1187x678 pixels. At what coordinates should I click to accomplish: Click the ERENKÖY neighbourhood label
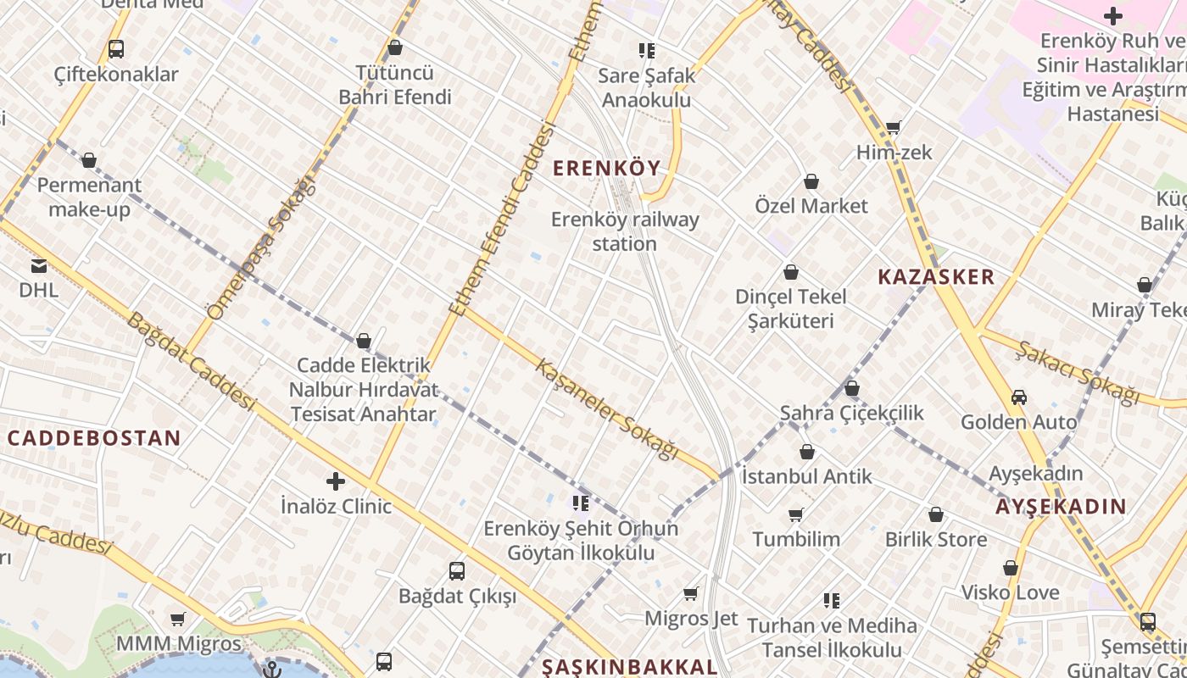pyautogui.click(x=606, y=168)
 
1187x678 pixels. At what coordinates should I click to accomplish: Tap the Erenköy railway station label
pyautogui.click(x=625, y=231)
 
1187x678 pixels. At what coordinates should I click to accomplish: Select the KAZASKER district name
pyautogui.click(x=936, y=277)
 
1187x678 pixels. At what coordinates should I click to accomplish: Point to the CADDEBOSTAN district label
pyautogui.click(x=94, y=438)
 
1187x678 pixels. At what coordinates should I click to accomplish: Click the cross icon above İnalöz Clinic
pyautogui.click(x=336, y=481)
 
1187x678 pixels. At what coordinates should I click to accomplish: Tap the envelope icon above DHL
pyautogui.click(x=39, y=265)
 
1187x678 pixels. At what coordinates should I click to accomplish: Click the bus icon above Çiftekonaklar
pyautogui.click(x=116, y=49)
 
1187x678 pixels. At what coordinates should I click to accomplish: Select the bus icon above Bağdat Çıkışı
pyautogui.click(x=457, y=571)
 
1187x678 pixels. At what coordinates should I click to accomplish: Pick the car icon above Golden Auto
pyautogui.click(x=1019, y=397)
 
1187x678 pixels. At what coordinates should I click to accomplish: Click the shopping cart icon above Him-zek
pyautogui.click(x=894, y=127)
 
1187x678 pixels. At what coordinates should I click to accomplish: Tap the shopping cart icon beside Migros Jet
pyautogui.click(x=691, y=593)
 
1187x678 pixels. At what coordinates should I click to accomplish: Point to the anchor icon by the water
pyautogui.click(x=272, y=669)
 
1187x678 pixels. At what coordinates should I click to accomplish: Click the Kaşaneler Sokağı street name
pyautogui.click(x=608, y=409)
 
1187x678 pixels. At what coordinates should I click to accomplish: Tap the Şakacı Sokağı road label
pyautogui.click(x=1078, y=372)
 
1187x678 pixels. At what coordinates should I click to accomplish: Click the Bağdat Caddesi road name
pyautogui.click(x=192, y=361)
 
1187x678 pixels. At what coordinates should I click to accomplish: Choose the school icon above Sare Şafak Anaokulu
pyautogui.click(x=647, y=51)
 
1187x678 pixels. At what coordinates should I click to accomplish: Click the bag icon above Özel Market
pyautogui.click(x=811, y=181)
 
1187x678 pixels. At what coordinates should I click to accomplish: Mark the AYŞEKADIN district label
pyautogui.click(x=1061, y=507)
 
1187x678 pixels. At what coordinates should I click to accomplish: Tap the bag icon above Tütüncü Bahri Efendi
pyautogui.click(x=394, y=48)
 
